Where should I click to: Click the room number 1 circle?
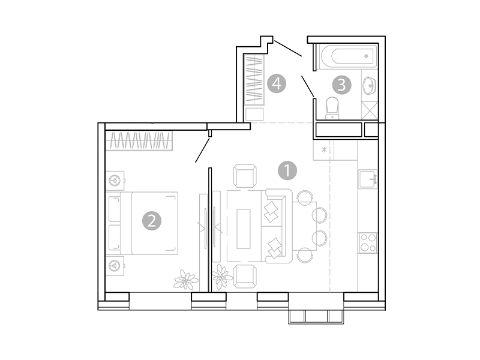click(x=288, y=170)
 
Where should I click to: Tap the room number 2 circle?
click(x=152, y=221)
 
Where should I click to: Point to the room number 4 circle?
click(x=277, y=83)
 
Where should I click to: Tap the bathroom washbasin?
click(x=370, y=86)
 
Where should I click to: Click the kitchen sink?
click(x=368, y=179)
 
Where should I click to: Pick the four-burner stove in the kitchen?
click(x=367, y=243)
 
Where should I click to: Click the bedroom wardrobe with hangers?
click(x=141, y=142)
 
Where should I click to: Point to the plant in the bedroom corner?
click(x=185, y=280)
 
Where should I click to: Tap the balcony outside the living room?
click(x=316, y=316)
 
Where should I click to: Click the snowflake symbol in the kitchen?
click(x=324, y=149)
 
